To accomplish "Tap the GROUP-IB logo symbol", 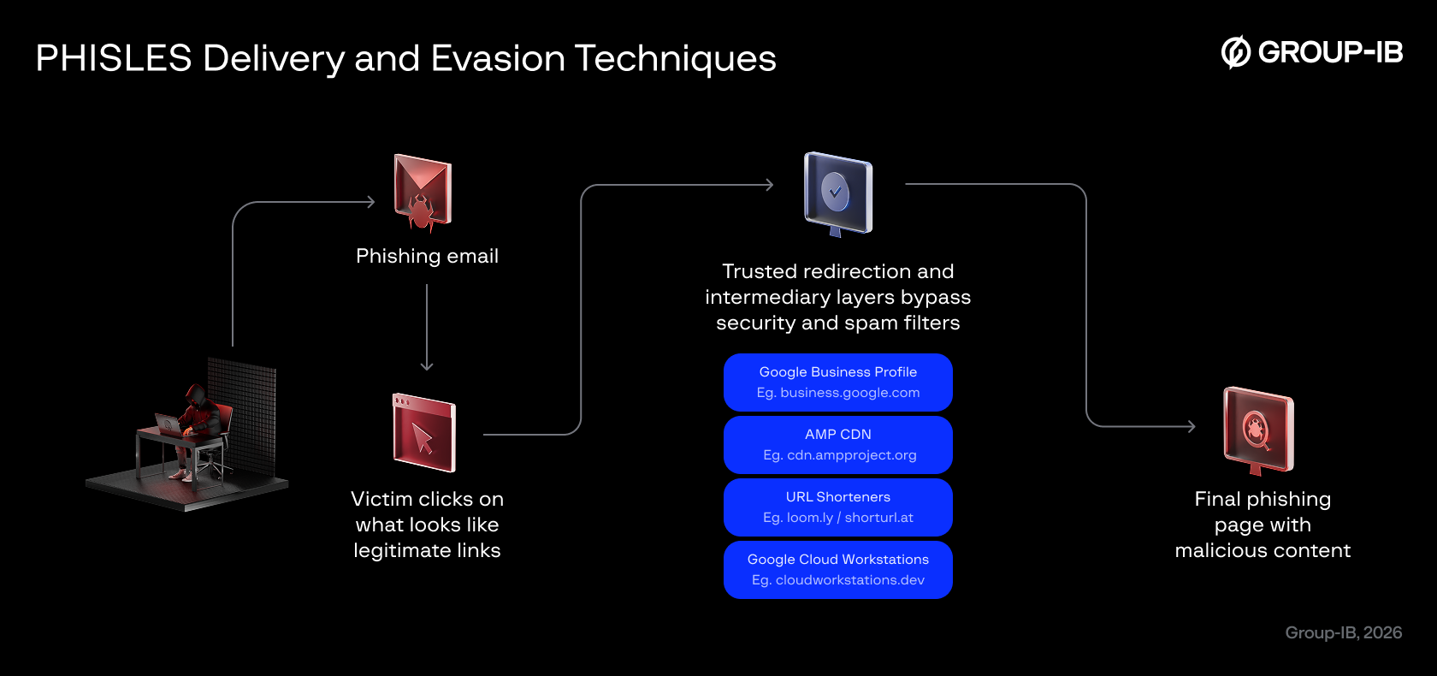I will [x=1235, y=52].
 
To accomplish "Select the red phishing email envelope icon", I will [x=422, y=193].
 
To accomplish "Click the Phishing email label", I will [x=427, y=256].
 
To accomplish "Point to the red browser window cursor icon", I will [x=423, y=433].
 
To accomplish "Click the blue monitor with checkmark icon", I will [x=837, y=193].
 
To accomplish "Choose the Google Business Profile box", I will [x=837, y=382].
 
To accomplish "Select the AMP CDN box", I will [x=837, y=445].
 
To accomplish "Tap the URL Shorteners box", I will [x=837, y=507].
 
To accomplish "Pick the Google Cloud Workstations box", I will [x=837, y=570].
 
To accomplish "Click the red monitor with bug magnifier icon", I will [x=1257, y=430].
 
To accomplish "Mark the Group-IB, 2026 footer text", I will [x=1343, y=632].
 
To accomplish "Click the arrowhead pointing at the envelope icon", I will [x=371, y=202].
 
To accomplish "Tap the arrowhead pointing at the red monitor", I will [x=1192, y=426].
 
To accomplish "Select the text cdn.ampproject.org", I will [x=851, y=455].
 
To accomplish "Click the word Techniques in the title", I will [x=676, y=59].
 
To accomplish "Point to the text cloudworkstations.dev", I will [x=849, y=580].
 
